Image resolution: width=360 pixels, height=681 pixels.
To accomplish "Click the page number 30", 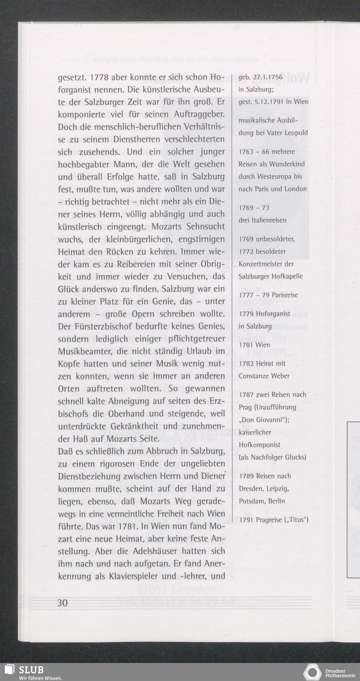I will point(63,603).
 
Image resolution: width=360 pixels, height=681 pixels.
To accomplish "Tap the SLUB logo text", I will point(31,669).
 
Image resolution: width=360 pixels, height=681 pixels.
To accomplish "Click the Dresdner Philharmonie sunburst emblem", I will point(312,672).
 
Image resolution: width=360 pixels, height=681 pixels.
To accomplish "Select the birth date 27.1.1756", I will point(268,77).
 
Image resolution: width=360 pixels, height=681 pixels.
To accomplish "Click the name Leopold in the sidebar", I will point(296,133).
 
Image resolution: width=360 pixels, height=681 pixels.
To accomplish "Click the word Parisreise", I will point(285,295).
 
